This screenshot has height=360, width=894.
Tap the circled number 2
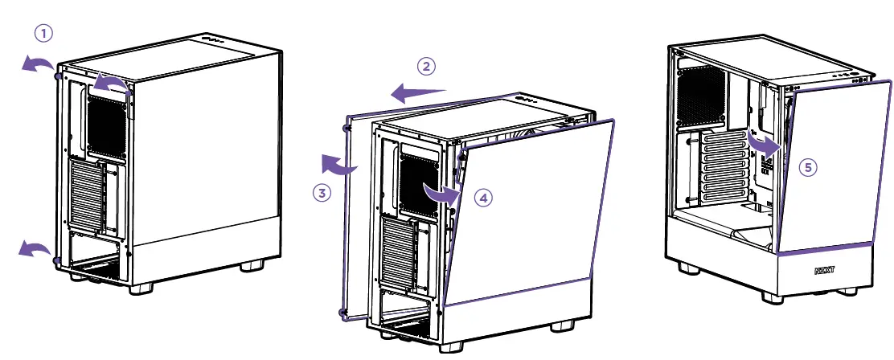tap(427, 66)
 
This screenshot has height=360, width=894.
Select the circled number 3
tap(322, 193)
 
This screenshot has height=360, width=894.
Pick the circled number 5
tap(810, 167)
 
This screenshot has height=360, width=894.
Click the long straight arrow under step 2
tap(418, 94)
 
